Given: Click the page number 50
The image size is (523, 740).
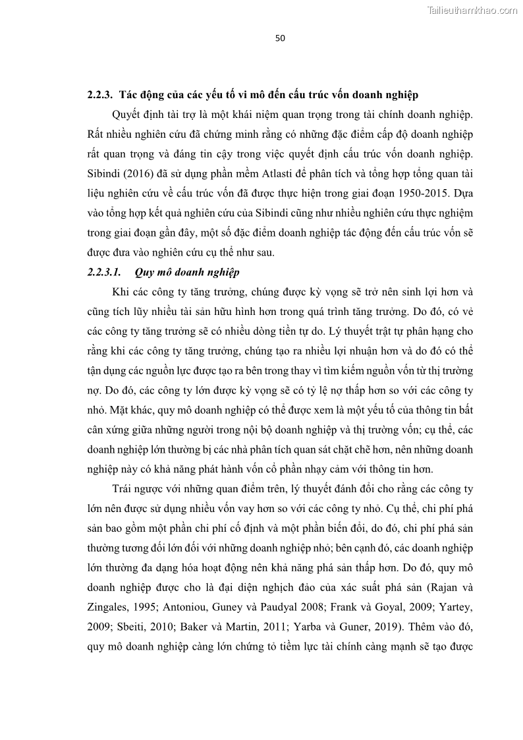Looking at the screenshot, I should (x=280, y=38).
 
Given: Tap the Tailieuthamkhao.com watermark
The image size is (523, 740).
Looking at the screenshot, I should (x=473, y=10).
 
